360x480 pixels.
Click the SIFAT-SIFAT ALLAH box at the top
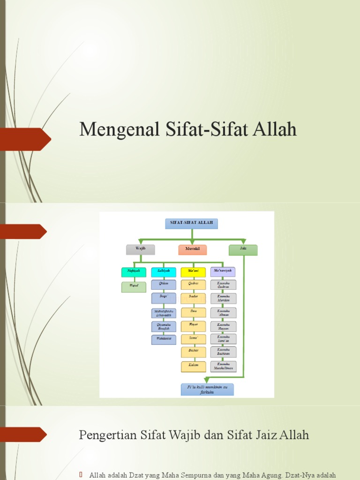(191, 224)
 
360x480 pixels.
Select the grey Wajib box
(140, 249)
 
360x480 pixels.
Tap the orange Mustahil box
(192, 250)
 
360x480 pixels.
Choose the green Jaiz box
(243, 249)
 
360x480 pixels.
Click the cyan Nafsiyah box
(134, 272)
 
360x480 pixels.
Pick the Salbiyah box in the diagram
(164, 272)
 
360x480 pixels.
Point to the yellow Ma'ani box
(193, 272)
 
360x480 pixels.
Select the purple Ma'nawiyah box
(223, 272)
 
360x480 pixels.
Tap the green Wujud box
(134, 287)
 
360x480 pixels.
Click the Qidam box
(164, 285)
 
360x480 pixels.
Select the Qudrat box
(193, 285)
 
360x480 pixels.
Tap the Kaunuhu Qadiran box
(223, 285)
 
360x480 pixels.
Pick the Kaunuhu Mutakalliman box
(223, 366)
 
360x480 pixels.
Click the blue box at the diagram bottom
(207, 390)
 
